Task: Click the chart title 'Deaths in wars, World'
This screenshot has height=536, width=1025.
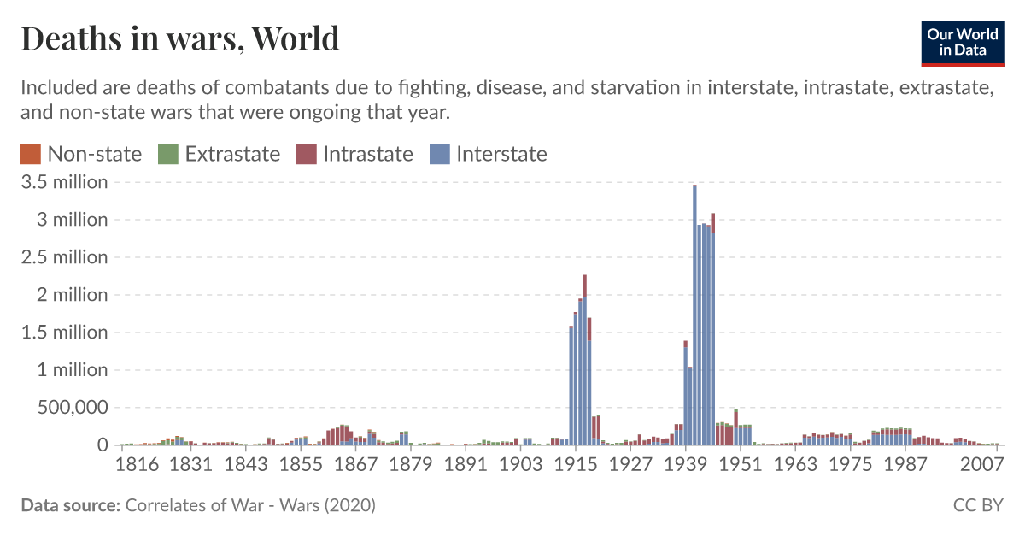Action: coord(179,38)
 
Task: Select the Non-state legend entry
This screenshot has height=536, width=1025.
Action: coord(81,154)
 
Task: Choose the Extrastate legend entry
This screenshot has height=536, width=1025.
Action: coord(220,154)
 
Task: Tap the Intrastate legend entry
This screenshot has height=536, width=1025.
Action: coord(355,154)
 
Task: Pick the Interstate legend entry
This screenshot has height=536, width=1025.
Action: coord(489,154)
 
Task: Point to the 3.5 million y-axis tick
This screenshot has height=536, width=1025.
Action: coord(65,182)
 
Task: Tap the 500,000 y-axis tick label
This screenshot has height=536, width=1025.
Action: coord(65,408)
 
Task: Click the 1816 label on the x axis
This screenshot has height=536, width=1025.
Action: coord(138,464)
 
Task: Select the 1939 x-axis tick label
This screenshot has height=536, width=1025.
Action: coord(685,464)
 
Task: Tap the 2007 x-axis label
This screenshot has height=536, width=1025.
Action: coord(981,464)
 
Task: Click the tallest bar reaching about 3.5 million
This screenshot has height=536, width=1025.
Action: coord(694,316)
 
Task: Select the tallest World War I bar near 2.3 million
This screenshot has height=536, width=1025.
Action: coord(585,359)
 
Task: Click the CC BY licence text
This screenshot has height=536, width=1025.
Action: coord(978,506)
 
